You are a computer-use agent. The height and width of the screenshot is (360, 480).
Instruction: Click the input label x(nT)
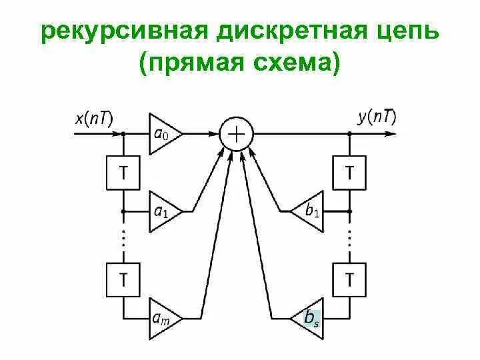click(94, 119)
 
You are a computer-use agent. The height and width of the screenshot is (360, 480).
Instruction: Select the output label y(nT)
click(377, 118)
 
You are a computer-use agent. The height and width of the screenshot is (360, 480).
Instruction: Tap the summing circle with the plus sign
click(237, 134)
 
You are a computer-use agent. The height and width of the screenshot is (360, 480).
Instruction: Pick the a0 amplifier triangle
click(161, 134)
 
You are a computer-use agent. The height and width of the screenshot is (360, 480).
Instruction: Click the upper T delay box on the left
click(123, 173)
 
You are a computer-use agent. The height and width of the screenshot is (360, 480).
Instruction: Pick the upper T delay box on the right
click(349, 173)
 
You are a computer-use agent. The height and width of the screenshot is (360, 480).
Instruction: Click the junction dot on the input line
click(123, 134)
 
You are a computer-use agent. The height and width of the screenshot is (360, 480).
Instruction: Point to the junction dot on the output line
click(349, 134)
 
